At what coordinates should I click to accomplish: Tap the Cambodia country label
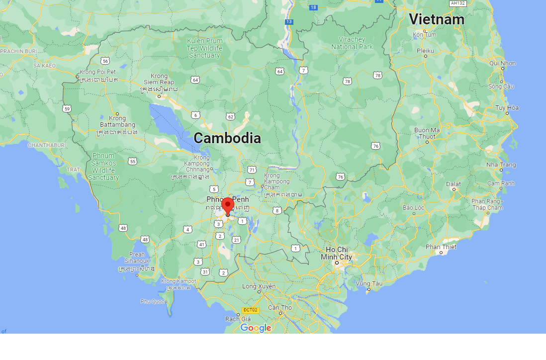(x=227, y=138)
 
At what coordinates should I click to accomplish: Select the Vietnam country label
(x=436, y=19)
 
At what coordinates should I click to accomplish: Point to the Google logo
(x=256, y=328)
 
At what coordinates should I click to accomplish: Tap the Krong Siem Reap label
(x=159, y=79)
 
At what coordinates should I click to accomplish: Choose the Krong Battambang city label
(x=117, y=121)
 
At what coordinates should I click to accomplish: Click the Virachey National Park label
(x=352, y=43)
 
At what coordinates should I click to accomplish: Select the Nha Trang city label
(x=501, y=165)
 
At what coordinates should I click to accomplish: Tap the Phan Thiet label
(x=441, y=247)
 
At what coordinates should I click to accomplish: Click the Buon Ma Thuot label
(x=427, y=133)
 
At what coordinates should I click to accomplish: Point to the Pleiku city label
(x=425, y=51)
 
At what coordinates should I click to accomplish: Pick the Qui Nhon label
(x=502, y=63)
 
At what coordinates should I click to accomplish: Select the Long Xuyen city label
(x=259, y=286)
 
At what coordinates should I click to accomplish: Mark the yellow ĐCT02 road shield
(x=250, y=310)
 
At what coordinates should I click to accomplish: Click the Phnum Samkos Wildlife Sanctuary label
(x=103, y=167)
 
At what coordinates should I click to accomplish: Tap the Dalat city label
(x=454, y=184)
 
